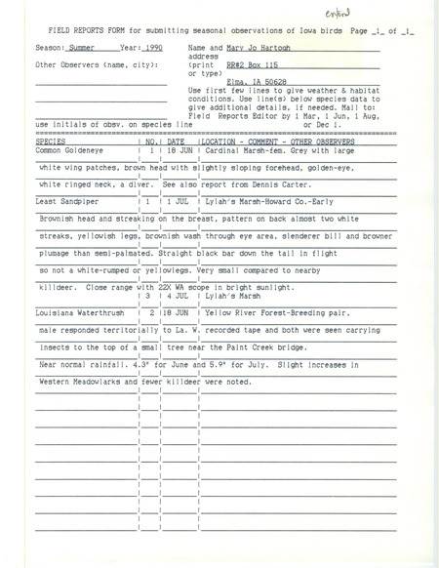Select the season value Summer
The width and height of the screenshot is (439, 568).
[64, 47]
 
